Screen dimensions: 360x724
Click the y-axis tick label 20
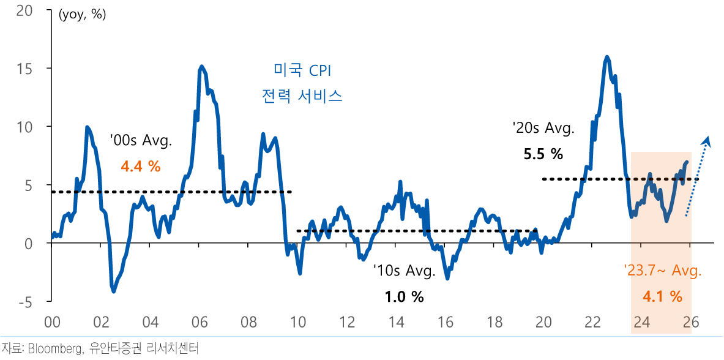pyautogui.click(x=24, y=12)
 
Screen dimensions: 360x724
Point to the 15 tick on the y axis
pyautogui.click(x=24, y=69)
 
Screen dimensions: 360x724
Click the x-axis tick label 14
pyautogui.click(x=397, y=322)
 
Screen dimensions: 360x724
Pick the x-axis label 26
pyautogui.click(x=691, y=322)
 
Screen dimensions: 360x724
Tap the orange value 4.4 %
pyautogui.click(x=141, y=165)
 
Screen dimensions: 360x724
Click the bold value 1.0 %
pyautogui.click(x=404, y=297)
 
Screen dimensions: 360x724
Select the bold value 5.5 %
pyautogui.click(x=543, y=154)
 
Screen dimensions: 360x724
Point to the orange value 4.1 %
pyautogui.click(x=662, y=297)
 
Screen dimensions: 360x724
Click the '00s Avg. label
pyautogui.click(x=141, y=140)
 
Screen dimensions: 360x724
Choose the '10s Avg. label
pyautogui.click(x=404, y=271)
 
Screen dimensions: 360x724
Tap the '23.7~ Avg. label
pyautogui.click(x=662, y=271)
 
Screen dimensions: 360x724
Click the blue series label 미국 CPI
pyautogui.click(x=301, y=70)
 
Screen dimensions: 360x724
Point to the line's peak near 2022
pyautogui.click(x=606, y=57)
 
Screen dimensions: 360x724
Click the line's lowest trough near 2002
pyautogui.click(x=114, y=291)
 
